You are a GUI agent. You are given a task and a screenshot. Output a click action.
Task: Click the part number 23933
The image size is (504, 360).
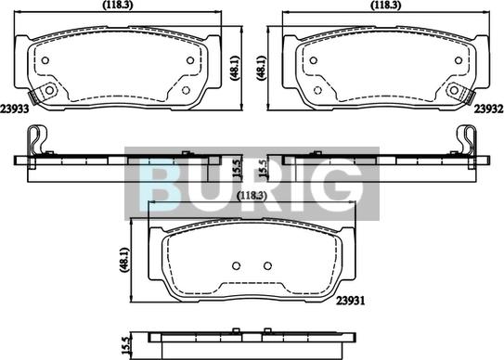click(15, 109)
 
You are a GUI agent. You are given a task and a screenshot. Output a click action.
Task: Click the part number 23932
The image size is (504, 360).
click(488, 109)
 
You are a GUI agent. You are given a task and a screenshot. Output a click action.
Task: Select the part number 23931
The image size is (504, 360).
click(351, 301)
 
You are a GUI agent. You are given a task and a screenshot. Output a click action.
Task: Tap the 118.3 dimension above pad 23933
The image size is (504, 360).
click(118, 5)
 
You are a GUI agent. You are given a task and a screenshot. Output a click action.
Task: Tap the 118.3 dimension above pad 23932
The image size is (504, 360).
click(386, 5)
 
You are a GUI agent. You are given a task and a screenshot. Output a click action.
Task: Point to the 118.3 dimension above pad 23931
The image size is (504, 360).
click(252, 195)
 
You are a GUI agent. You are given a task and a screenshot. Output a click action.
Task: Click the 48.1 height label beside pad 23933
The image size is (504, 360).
click(235, 68)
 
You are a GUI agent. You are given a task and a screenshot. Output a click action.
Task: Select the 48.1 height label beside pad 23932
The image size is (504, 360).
click(262, 68)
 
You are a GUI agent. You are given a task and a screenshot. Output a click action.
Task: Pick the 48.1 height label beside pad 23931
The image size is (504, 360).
click(124, 261)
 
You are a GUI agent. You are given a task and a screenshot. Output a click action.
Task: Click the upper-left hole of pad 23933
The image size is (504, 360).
click(45, 60)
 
